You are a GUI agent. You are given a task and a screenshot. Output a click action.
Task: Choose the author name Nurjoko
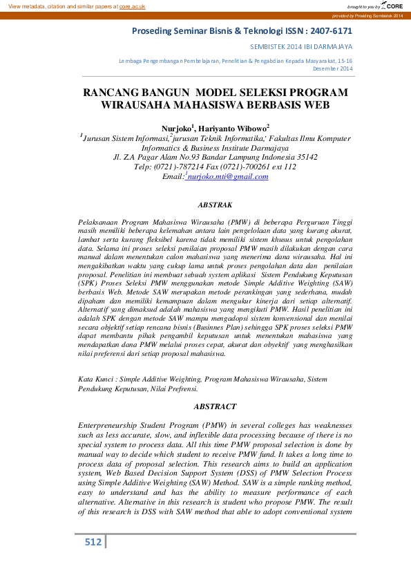pyautogui.click(x=178, y=128)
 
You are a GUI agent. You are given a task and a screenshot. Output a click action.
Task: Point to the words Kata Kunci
pyautogui.click(x=95, y=379)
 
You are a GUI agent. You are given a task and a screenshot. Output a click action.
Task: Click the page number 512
pyautogui.click(x=93, y=542)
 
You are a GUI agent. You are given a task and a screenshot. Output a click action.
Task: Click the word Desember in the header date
pyautogui.click(x=326, y=68)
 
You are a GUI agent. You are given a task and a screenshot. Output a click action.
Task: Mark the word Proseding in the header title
pyautogui.click(x=153, y=31)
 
